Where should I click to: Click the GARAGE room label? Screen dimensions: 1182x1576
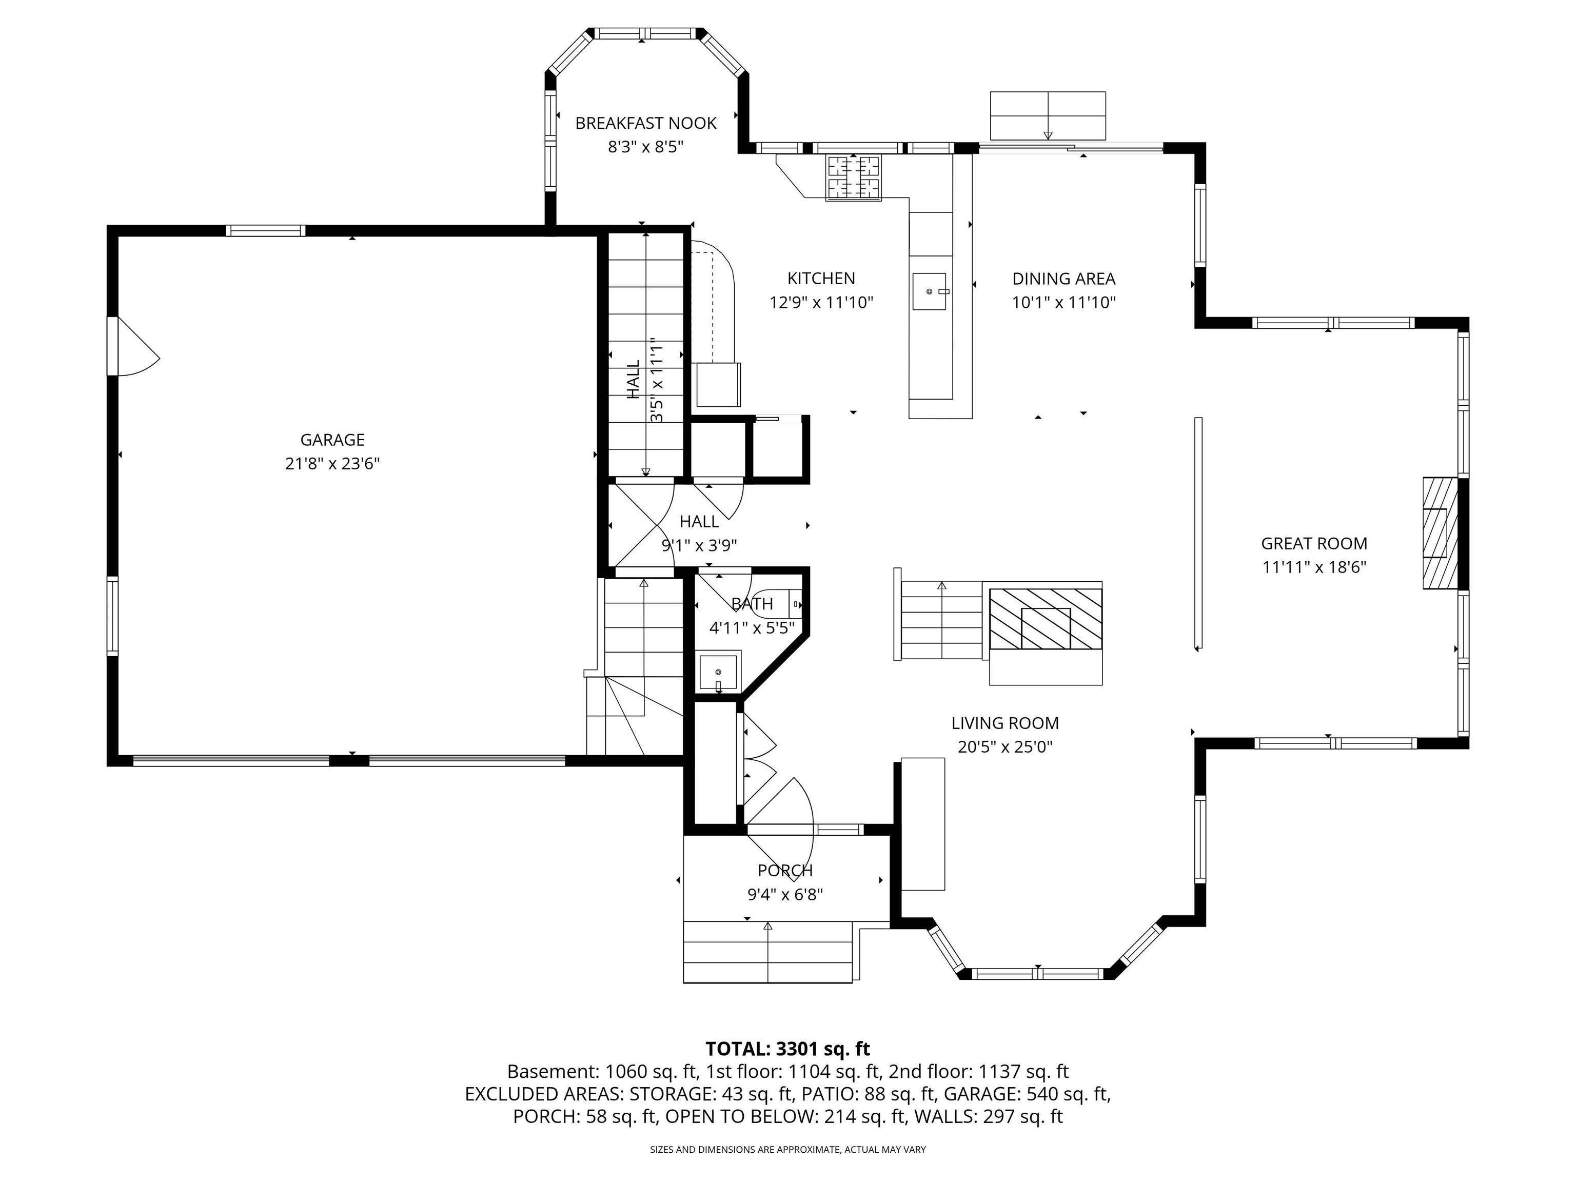(x=332, y=440)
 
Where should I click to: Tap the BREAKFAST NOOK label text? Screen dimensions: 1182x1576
(x=645, y=123)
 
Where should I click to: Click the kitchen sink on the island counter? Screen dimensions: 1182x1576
(x=929, y=291)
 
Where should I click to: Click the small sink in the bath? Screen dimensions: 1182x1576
(x=718, y=671)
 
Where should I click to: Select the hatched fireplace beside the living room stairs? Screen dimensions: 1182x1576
(x=1045, y=618)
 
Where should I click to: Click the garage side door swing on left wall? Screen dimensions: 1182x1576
(x=135, y=347)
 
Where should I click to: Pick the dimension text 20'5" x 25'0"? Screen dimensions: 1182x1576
(x=1004, y=746)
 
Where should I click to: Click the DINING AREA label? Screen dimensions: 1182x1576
(x=1063, y=279)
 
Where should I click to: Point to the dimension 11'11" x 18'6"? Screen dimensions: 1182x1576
(x=1314, y=567)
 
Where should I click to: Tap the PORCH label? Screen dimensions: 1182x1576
(x=784, y=870)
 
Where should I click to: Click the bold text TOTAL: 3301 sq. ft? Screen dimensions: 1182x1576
(x=787, y=1049)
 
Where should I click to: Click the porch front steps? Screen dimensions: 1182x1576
(x=767, y=952)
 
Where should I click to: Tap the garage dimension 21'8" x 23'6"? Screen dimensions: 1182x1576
(x=332, y=464)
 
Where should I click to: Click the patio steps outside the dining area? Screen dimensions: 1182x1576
(x=1048, y=115)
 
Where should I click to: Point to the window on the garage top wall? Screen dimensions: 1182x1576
(x=265, y=230)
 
